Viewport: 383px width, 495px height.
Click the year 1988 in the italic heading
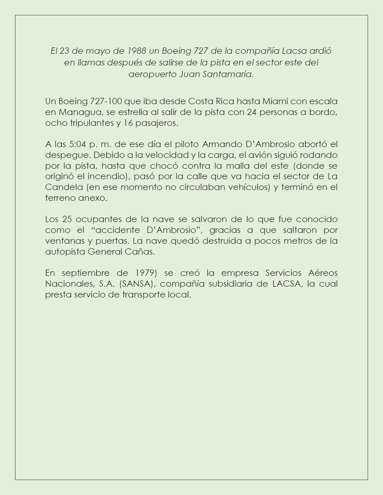tap(136, 51)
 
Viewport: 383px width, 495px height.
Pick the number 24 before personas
tap(252, 112)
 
